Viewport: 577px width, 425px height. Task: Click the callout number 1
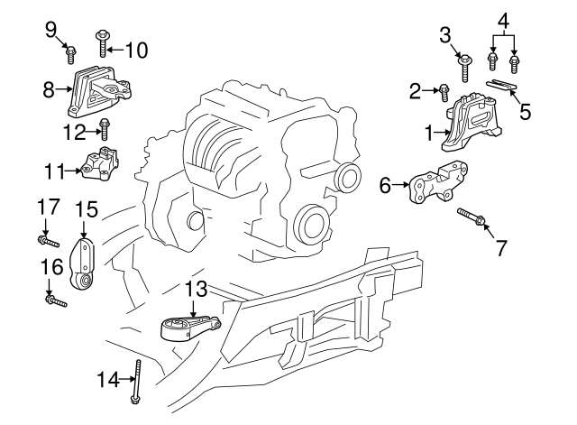click(x=429, y=134)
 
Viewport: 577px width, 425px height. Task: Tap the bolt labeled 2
click(x=445, y=90)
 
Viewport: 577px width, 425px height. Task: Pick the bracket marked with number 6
click(x=437, y=185)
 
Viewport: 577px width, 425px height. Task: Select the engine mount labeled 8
click(x=99, y=90)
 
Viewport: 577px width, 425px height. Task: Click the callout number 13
click(x=196, y=290)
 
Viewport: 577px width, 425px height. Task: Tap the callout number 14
click(x=108, y=381)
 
